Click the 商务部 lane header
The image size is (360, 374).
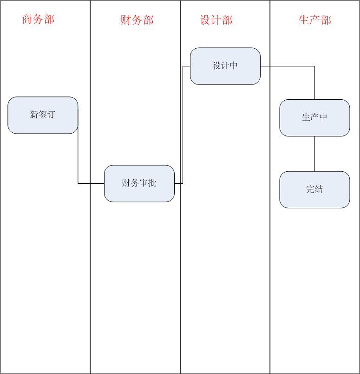tap(38, 19)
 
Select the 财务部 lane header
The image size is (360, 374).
tap(137, 20)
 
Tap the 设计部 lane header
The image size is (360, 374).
tap(216, 20)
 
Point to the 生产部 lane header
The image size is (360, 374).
tap(314, 20)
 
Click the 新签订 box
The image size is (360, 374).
tap(43, 115)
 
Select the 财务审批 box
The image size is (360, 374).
tap(139, 183)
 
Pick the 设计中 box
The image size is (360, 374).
tap(225, 66)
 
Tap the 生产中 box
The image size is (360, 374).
tap(314, 117)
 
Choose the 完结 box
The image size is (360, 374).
tap(314, 189)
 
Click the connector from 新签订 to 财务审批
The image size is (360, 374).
tap(78, 153)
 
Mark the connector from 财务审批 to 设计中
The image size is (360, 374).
tap(183, 125)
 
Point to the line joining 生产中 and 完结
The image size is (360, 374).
tap(314, 154)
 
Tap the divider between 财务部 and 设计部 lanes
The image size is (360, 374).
tap(180, 278)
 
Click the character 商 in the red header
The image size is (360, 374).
tap(27, 19)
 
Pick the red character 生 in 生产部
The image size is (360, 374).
tap(304, 20)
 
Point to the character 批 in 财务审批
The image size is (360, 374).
tap(152, 183)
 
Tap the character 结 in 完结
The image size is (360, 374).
tap(319, 189)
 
